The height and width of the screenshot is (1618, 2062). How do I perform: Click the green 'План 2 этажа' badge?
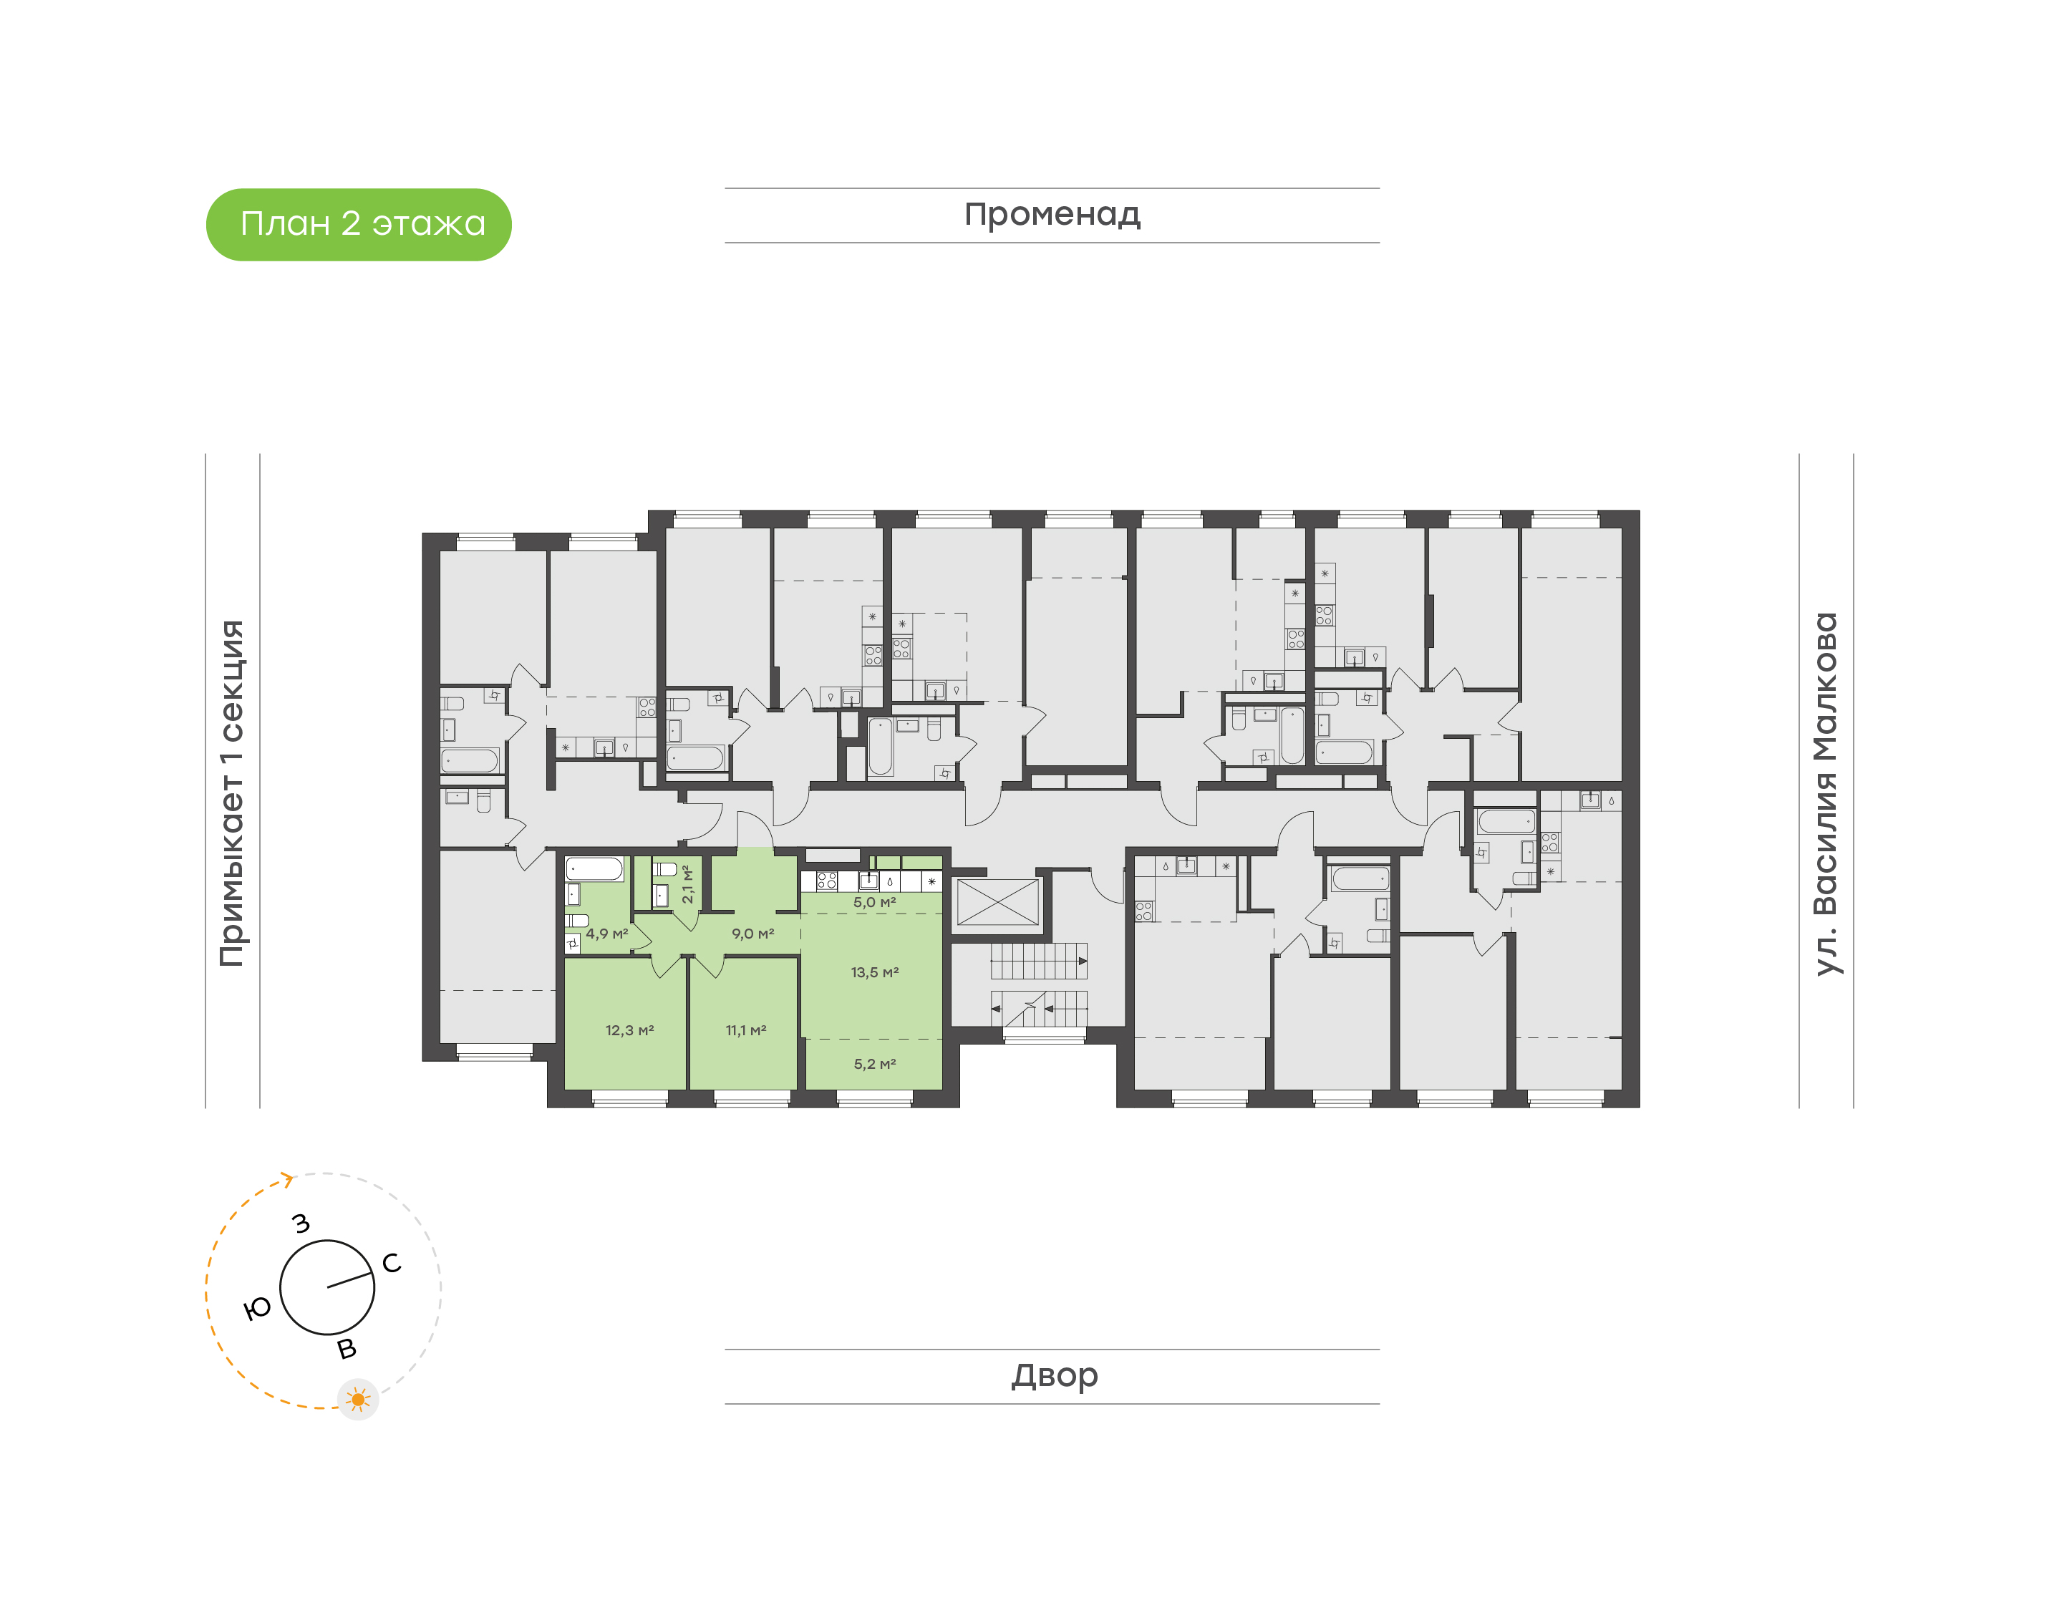[358, 225]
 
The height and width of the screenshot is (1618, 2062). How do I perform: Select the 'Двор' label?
[1054, 1375]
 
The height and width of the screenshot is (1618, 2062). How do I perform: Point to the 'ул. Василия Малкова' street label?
[1825, 794]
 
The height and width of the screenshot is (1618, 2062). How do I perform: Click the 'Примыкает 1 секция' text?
[232, 793]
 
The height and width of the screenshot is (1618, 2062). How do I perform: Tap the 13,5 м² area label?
[874, 972]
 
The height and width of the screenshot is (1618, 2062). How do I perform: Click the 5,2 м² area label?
[874, 1064]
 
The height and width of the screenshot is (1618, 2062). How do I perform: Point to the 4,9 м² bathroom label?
[606, 934]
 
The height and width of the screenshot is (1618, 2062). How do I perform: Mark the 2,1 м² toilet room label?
[687, 884]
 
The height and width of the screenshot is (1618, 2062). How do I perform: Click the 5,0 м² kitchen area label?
[874, 903]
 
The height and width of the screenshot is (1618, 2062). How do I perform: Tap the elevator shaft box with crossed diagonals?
[997, 903]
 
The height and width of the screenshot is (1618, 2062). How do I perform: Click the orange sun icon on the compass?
[358, 1399]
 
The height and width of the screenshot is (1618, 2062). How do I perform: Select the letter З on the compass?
[301, 1224]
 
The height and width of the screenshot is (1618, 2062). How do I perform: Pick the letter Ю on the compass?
[258, 1309]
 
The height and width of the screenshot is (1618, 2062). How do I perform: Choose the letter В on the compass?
[348, 1349]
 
